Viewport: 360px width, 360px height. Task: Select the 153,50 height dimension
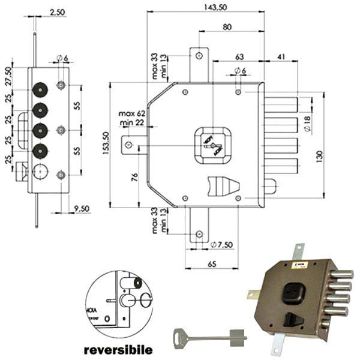tap(106, 145)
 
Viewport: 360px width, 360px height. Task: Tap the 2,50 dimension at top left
tap(58, 11)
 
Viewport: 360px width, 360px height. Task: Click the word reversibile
tap(117, 349)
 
